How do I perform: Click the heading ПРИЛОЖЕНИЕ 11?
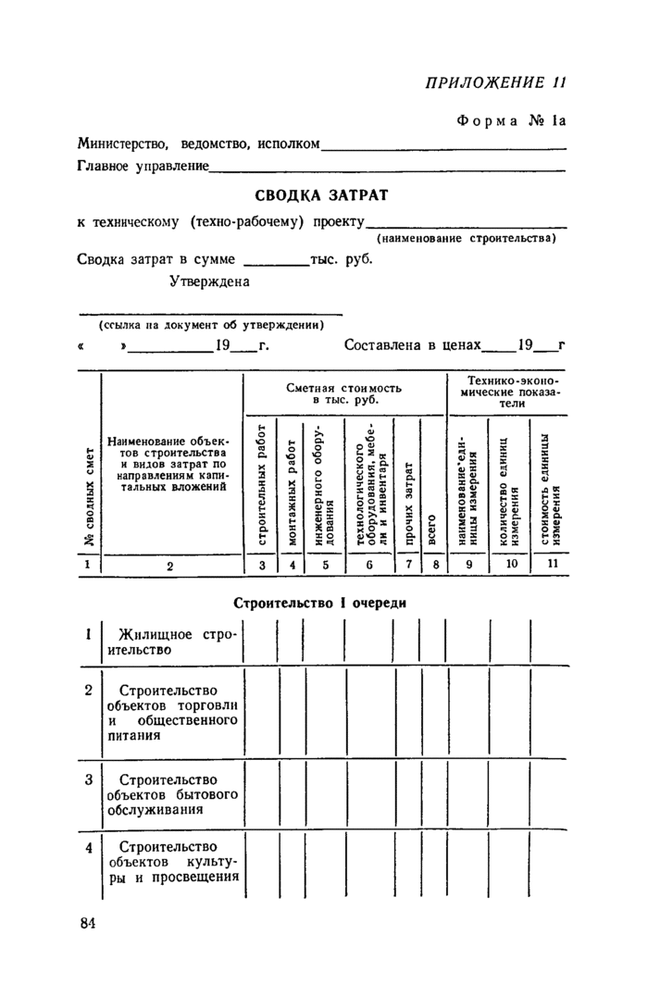click(494, 81)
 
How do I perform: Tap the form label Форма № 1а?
click(511, 121)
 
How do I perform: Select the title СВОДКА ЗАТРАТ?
click(321, 195)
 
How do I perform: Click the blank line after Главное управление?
click(388, 168)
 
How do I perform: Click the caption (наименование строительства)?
click(466, 238)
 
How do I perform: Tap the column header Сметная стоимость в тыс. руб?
click(344, 392)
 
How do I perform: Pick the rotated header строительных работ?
click(262, 483)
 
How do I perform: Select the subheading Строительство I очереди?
click(321, 602)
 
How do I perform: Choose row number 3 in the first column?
click(88, 779)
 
